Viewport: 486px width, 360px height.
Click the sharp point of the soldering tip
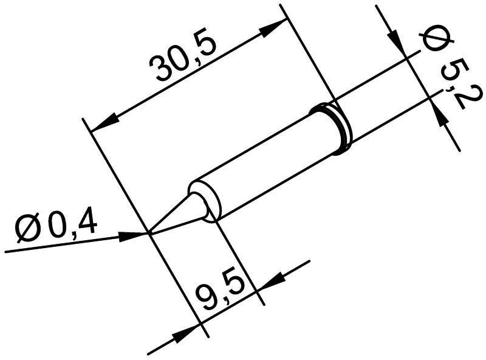click(x=149, y=232)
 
